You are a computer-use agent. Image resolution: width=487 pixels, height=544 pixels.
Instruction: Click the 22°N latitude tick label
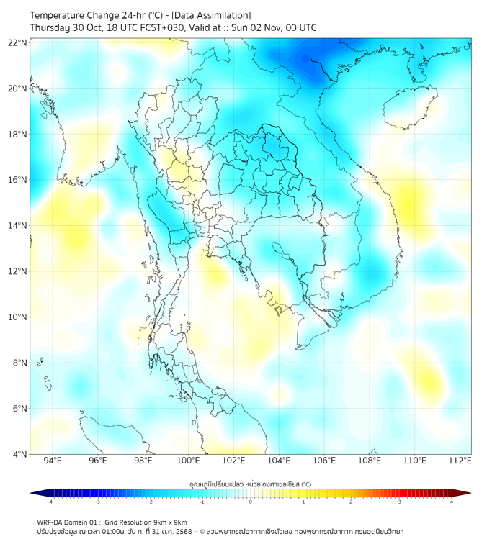[x=18, y=42]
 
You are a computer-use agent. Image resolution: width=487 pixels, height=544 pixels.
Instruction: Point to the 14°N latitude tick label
[x=18, y=225]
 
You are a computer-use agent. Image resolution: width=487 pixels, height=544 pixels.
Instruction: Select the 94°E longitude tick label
[x=53, y=461]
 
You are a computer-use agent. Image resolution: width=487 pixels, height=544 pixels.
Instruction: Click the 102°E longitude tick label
[x=233, y=461]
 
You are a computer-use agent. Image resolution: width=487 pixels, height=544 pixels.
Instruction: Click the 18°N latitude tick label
[x=18, y=134]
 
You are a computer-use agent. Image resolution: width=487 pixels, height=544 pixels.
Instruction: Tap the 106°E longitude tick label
[x=324, y=461]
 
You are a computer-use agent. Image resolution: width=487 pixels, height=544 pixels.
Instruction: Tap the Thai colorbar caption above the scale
[x=250, y=484]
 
